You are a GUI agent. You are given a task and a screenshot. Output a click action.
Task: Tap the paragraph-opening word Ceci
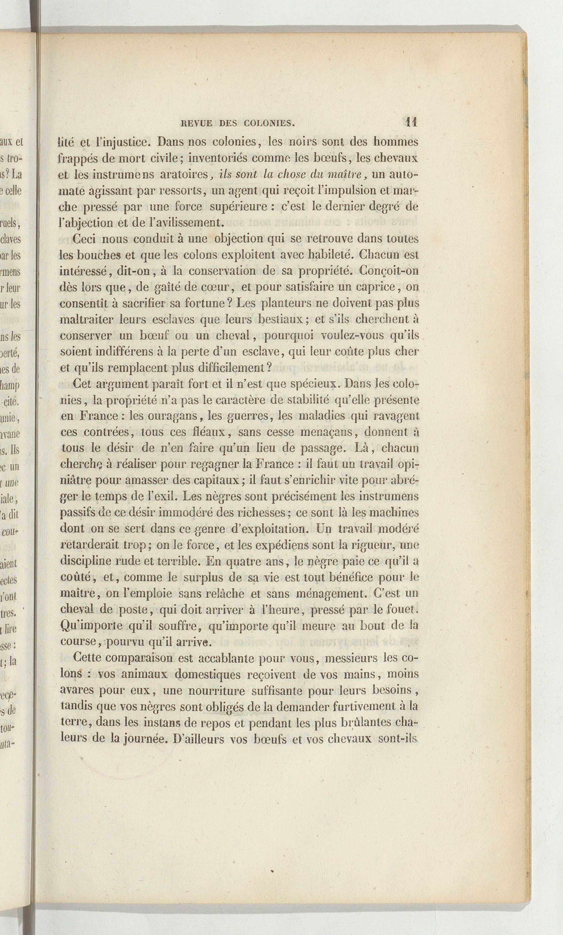[85, 239]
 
